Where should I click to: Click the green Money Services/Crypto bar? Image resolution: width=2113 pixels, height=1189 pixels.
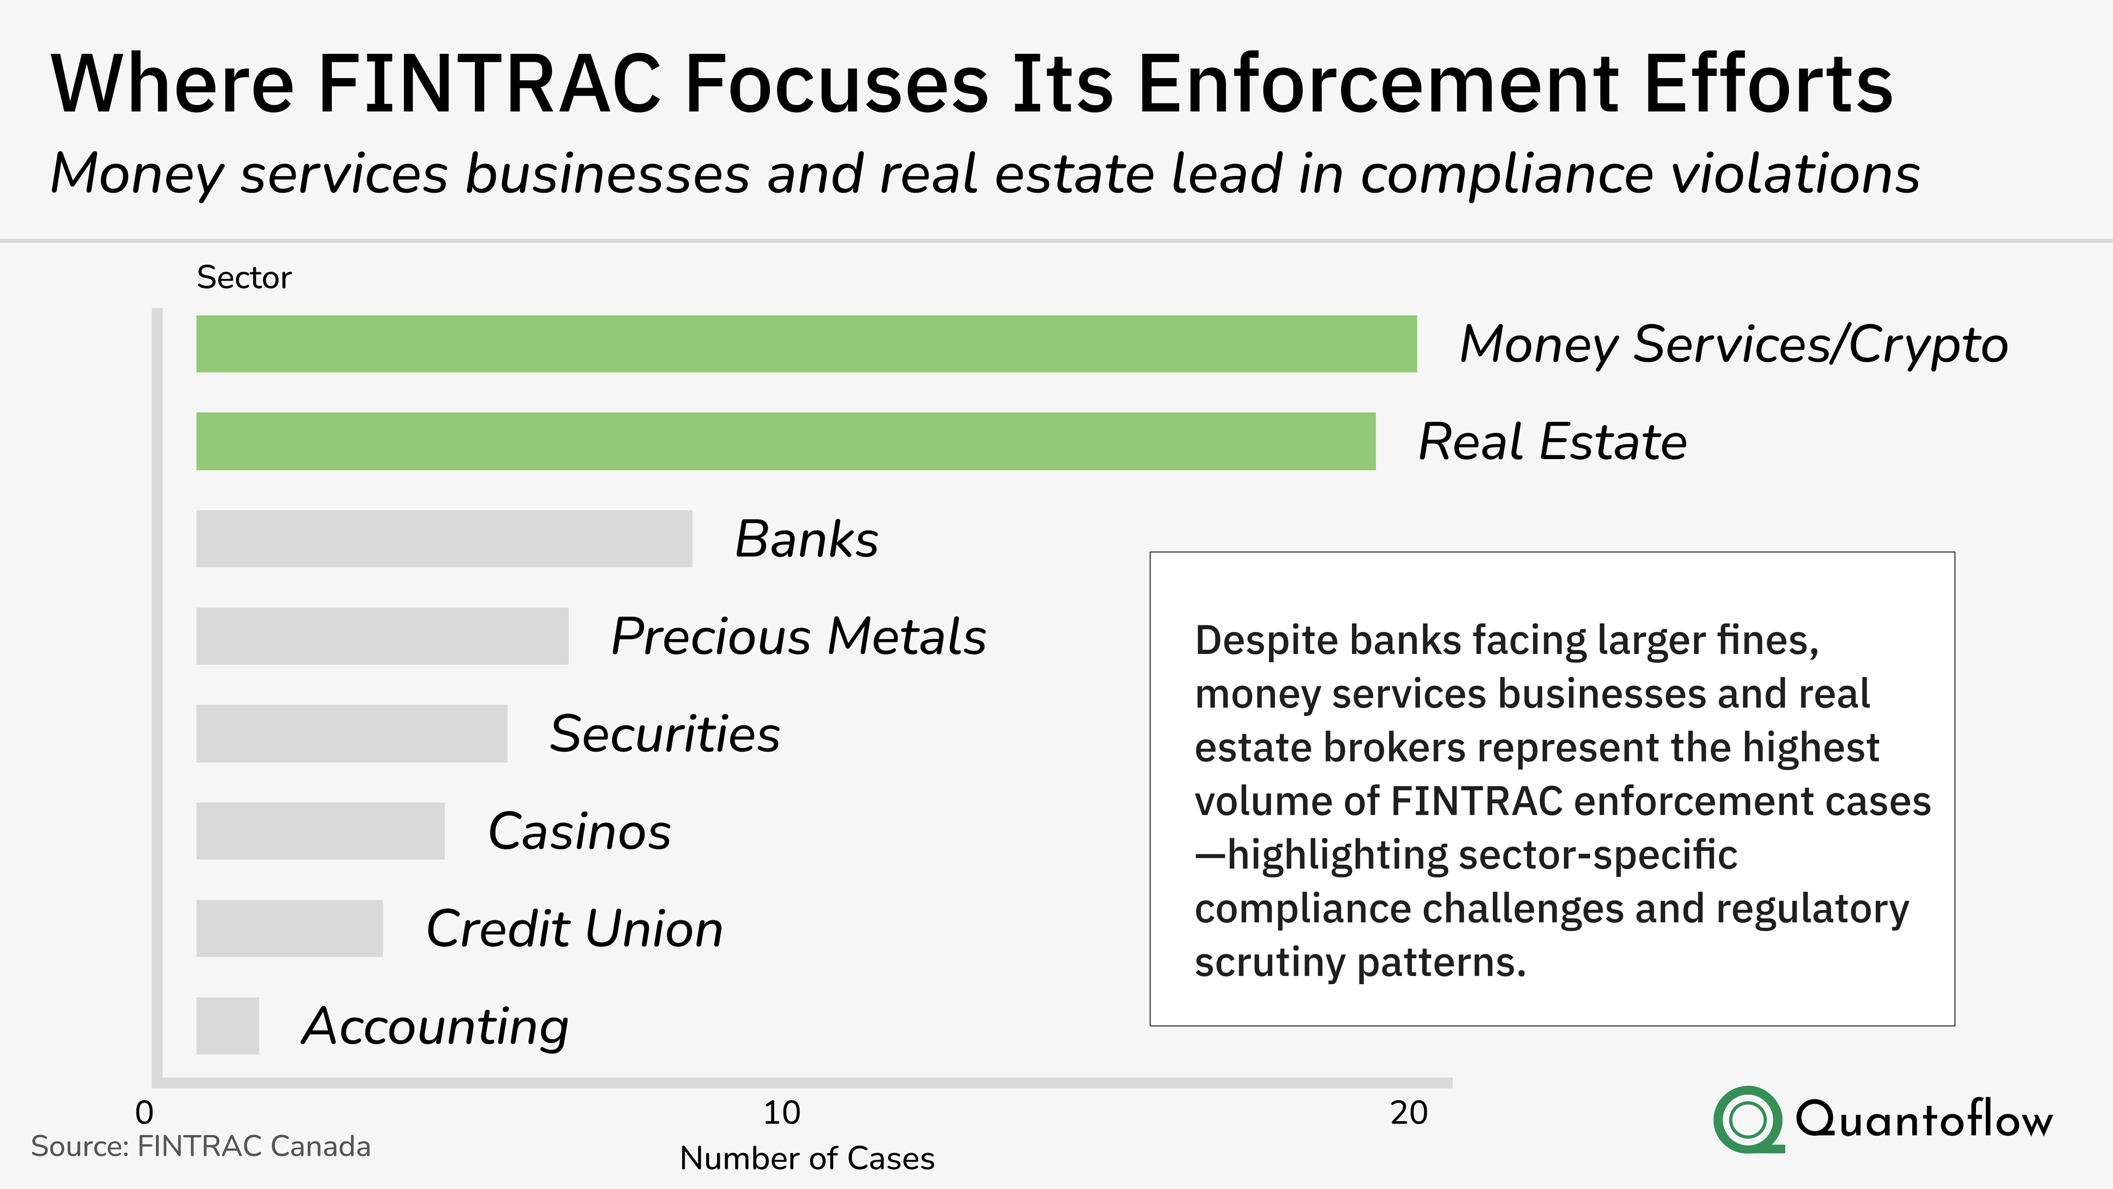click(x=806, y=344)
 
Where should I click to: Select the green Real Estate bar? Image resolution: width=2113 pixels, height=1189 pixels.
click(x=785, y=441)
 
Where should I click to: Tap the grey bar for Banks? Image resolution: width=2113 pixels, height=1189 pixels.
click(x=444, y=538)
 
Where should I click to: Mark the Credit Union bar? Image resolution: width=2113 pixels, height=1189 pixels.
click(x=289, y=928)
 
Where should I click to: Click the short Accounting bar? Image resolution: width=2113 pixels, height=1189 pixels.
click(x=227, y=1026)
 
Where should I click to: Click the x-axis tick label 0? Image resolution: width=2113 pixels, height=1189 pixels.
click(x=144, y=1112)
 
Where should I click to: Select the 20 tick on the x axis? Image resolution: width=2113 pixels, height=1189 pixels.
click(x=1409, y=1112)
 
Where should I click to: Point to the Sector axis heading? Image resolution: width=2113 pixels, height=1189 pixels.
click(x=244, y=278)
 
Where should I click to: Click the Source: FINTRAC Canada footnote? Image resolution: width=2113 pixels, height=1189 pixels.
click(x=200, y=1146)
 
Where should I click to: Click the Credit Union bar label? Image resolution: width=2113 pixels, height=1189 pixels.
click(x=574, y=929)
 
